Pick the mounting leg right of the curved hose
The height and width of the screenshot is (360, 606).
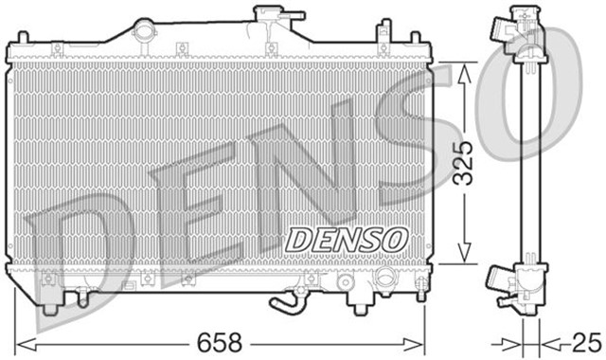(x=361, y=299)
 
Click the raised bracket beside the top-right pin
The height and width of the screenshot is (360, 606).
(x=386, y=44)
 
